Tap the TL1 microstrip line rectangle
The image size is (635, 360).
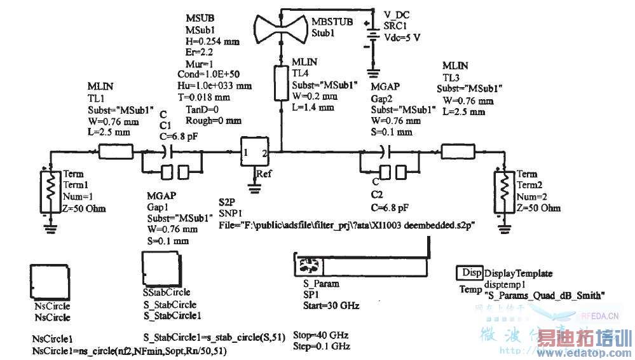(x=115, y=151)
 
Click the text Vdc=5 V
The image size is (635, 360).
(x=402, y=37)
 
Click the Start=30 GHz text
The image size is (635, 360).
(x=331, y=305)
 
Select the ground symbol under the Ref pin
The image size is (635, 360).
(x=256, y=186)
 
